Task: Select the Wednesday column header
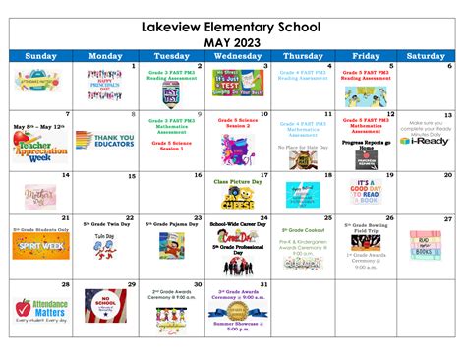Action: [x=233, y=58]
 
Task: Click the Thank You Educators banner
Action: [x=105, y=140]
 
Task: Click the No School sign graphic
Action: [x=105, y=306]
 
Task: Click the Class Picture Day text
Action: [x=233, y=181]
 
